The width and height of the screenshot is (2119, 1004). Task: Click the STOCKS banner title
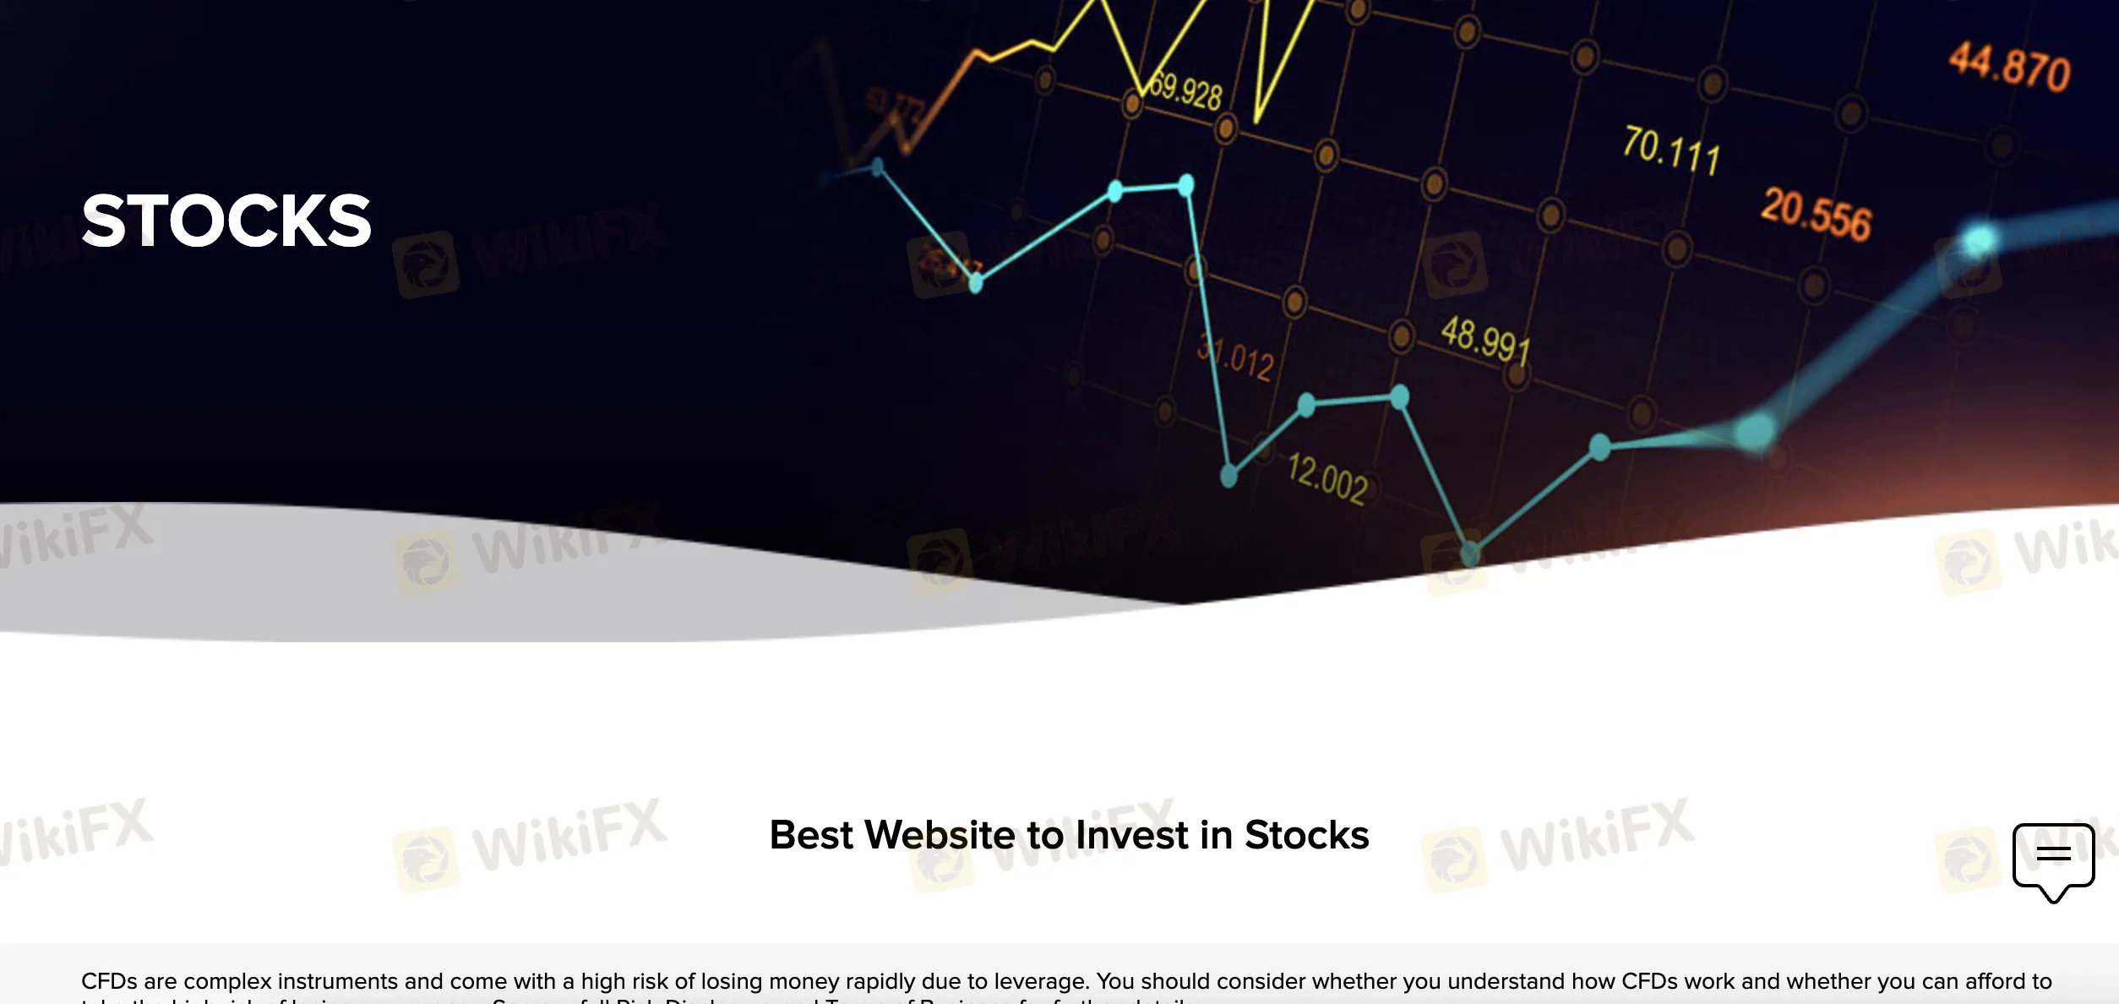pos(226,221)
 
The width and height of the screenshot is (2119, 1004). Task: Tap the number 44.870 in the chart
pos(2009,67)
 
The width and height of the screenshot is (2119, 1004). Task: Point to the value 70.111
pos(1670,150)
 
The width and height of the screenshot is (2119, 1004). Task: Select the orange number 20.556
pos(1816,215)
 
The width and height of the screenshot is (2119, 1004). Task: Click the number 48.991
pos(1485,340)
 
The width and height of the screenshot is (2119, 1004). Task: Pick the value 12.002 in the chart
pos(1327,478)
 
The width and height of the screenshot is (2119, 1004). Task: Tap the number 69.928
pos(1186,90)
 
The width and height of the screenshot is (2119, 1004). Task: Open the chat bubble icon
pos(2053,858)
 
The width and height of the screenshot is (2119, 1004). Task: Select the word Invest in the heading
pos(1133,835)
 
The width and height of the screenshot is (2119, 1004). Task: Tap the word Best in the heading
pos(811,835)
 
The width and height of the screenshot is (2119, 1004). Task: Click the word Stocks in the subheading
pos(1306,835)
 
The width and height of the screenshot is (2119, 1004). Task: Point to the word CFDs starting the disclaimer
pos(109,981)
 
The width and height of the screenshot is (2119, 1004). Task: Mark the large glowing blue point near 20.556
pos(1978,240)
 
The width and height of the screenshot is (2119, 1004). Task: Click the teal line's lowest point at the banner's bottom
pos(1470,554)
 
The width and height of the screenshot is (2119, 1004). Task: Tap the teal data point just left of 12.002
pos(1229,477)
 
